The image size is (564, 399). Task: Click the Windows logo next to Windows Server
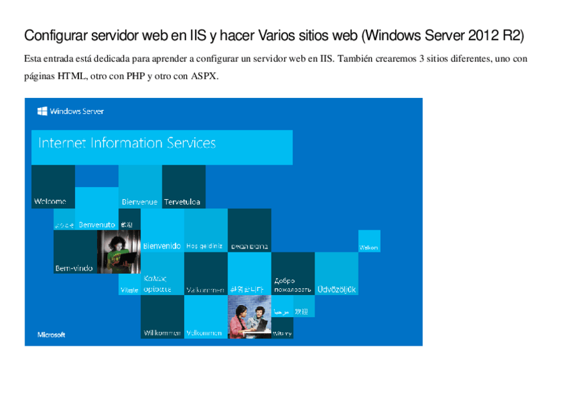click(42, 111)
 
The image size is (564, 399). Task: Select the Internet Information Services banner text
click(127, 143)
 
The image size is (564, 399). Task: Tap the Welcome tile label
click(50, 201)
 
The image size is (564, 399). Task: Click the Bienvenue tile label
click(140, 202)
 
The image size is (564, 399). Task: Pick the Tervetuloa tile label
click(182, 202)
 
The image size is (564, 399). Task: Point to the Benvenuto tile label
click(96, 225)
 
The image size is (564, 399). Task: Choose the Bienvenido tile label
click(162, 246)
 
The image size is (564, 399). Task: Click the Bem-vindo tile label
click(74, 268)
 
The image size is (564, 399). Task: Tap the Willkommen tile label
click(162, 332)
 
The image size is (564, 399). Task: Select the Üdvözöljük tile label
click(337, 289)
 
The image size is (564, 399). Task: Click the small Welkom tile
click(369, 248)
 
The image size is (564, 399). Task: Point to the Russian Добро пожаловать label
click(292, 285)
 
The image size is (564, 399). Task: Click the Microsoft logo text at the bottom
click(51, 334)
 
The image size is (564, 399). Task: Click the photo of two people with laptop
click(249, 317)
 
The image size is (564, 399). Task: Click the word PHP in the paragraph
click(136, 76)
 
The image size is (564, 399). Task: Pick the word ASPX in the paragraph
click(204, 76)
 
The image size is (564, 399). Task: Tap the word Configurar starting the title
click(54, 35)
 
